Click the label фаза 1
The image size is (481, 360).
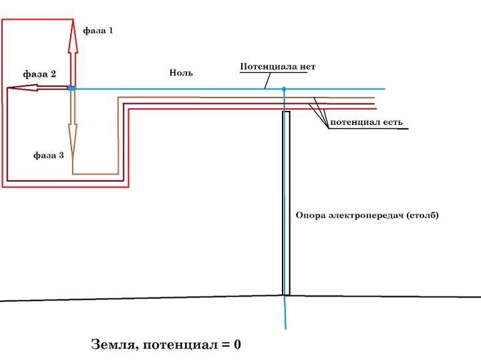pos(98,31)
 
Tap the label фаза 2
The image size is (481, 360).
pos(39,74)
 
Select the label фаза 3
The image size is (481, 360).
pos(49,155)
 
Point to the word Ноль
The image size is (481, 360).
pos(181,73)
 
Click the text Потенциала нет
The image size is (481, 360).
pos(277,67)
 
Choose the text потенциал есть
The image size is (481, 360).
pos(365,124)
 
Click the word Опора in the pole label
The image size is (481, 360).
pos(309,216)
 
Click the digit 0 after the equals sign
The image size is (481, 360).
pos(236,345)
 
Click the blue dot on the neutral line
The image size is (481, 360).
pos(284,89)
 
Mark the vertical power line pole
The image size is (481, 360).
pos(286,200)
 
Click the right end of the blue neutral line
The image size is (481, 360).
pos(384,89)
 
